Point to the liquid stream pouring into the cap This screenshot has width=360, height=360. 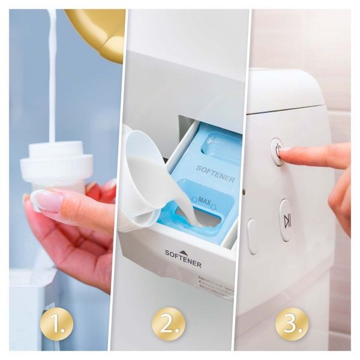click(52, 78)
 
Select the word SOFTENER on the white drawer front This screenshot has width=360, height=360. click(183, 262)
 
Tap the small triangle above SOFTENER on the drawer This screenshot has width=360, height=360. click(184, 253)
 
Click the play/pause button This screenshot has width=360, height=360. click(287, 221)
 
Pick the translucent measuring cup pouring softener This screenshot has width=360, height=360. click(144, 180)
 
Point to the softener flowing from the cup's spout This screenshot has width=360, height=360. click(191, 213)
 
